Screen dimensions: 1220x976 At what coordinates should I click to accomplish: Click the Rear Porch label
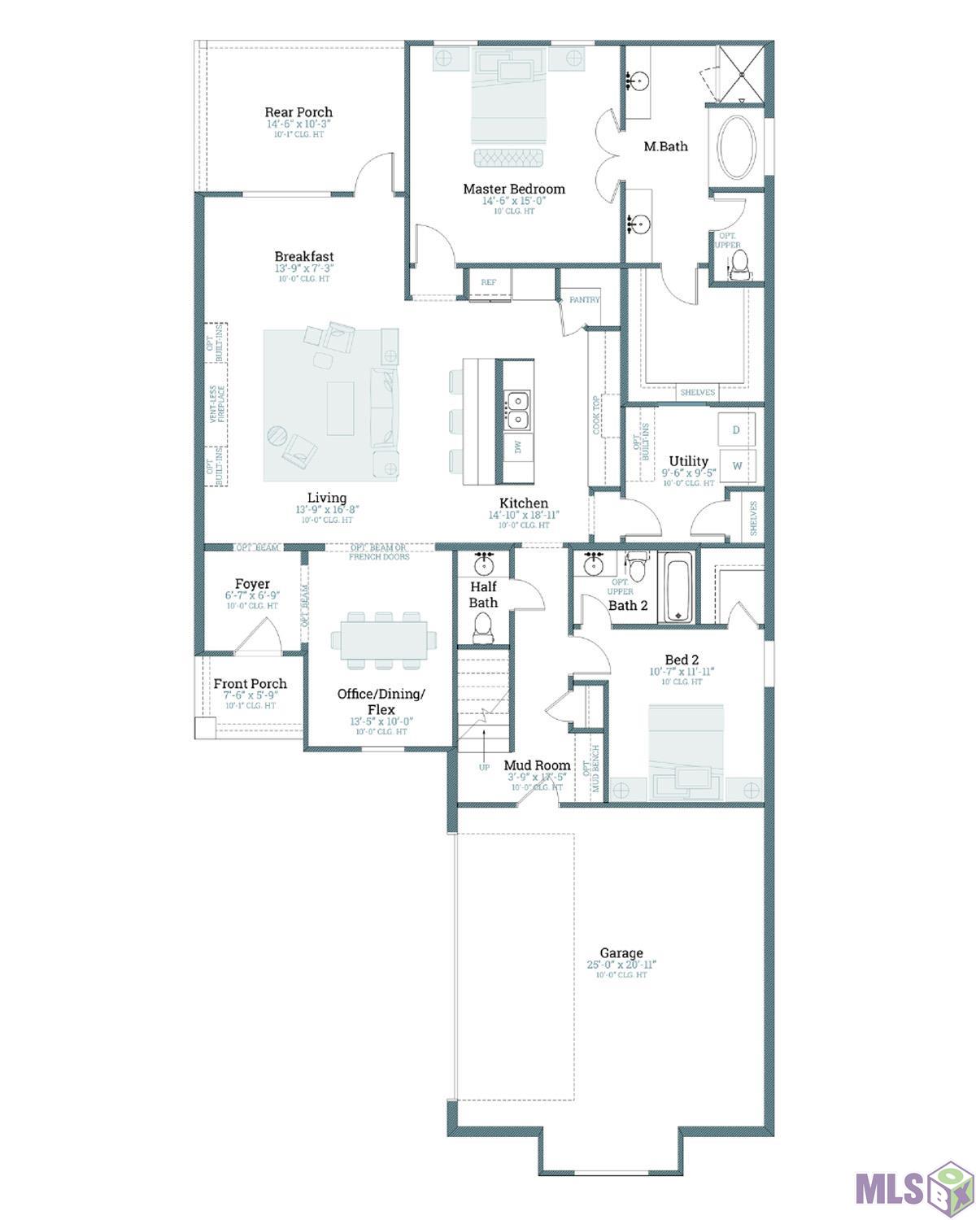(298, 112)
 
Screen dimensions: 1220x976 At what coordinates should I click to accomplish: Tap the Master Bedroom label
(513, 189)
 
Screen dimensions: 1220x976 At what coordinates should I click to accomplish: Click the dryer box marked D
(736, 429)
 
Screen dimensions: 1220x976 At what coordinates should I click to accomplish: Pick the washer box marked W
(737, 466)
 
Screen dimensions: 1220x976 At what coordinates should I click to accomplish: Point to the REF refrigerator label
(488, 282)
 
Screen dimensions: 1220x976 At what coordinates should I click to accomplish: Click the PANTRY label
(584, 299)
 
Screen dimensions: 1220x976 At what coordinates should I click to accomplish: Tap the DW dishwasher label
(516, 447)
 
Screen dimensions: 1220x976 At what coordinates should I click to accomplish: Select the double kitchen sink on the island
(516, 410)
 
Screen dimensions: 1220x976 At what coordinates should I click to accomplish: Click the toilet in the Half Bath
(482, 627)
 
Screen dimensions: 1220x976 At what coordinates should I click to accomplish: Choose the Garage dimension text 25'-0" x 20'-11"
(621, 965)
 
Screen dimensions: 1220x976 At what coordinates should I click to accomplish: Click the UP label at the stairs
(484, 767)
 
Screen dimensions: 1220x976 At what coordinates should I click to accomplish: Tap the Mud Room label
(537, 765)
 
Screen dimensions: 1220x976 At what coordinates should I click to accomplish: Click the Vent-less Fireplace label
(217, 404)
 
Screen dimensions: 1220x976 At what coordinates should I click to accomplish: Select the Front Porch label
(250, 684)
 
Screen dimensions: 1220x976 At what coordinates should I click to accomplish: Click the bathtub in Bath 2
(676, 588)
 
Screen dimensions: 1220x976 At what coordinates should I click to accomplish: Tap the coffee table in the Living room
(340, 409)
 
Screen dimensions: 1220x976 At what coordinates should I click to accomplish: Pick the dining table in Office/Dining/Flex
(384, 639)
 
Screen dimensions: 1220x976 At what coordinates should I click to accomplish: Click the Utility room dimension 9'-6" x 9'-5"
(688, 473)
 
